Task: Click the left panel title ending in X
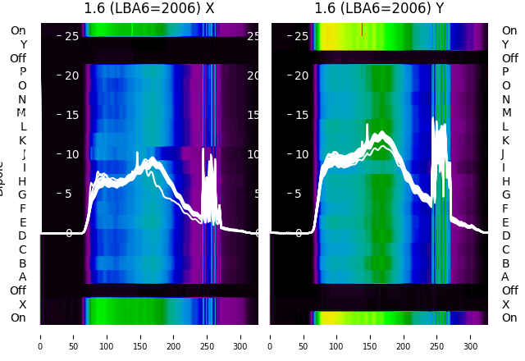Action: tap(149, 8)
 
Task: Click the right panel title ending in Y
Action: tap(380, 8)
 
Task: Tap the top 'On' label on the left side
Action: tap(18, 30)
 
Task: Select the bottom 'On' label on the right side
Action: tap(509, 318)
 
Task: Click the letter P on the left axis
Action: tap(22, 71)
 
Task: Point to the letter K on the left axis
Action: tap(22, 140)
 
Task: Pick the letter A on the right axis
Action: tap(505, 276)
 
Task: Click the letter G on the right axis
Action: tap(505, 194)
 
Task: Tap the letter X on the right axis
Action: tap(505, 304)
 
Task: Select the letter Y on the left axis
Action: tap(23, 44)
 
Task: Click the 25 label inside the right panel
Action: tap(301, 36)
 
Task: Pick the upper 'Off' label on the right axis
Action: tap(509, 58)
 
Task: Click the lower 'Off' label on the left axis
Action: tap(18, 290)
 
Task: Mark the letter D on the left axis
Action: tap(22, 235)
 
